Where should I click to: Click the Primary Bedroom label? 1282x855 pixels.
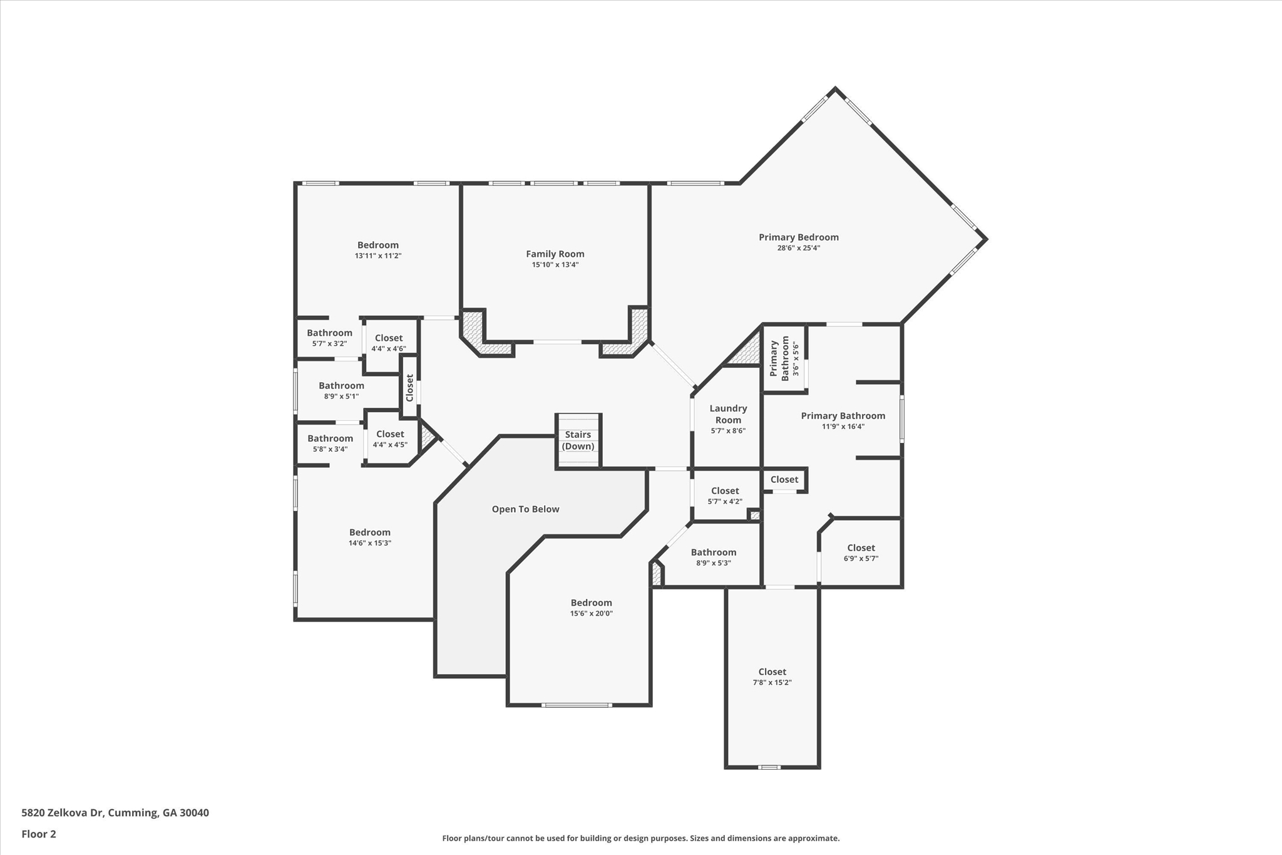click(798, 237)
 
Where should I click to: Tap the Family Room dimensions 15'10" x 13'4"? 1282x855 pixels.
click(555, 265)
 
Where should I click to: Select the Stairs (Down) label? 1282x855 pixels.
click(578, 440)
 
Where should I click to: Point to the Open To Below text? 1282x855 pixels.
click(525, 509)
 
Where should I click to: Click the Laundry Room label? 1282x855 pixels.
click(728, 414)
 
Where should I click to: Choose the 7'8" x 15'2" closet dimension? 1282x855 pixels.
click(772, 683)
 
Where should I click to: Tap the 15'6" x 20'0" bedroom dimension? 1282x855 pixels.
click(591, 614)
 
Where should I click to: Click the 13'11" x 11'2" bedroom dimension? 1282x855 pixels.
click(377, 256)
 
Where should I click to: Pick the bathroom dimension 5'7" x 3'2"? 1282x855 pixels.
click(329, 344)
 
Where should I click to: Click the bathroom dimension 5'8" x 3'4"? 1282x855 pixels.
click(330, 449)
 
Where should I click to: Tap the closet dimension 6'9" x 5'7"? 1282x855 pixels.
click(861, 559)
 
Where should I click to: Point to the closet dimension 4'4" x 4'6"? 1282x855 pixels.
click(388, 349)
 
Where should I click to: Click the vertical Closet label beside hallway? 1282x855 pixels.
click(409, 388)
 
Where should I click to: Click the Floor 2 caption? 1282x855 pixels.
click(39, 834)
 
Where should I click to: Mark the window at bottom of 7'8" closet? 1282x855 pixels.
click(769, 767)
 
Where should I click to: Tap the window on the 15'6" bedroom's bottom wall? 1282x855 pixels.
click(577, 705)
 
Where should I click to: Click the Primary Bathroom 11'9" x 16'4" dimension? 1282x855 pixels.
click(843, 427)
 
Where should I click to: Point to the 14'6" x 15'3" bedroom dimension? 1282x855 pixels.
click(369, 543)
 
